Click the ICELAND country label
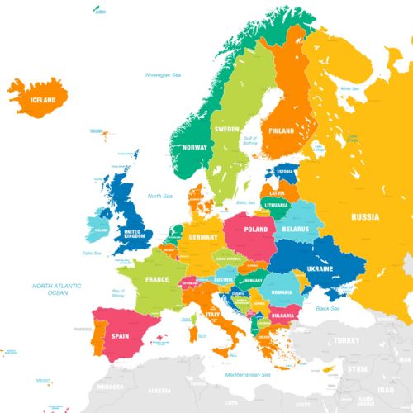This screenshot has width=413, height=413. coord(43,100)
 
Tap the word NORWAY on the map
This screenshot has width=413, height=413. coord(195,147)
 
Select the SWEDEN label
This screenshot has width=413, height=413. coord(226,130)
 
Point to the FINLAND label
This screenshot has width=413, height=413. coord(281,131)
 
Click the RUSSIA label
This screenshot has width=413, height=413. coord(364,217)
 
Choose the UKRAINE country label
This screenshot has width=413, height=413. coord(319,268)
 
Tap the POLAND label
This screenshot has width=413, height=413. coord(256,230)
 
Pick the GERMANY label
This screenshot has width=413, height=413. coord(202,238)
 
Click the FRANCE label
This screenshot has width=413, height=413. coord(157,279)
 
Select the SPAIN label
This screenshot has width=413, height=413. coord(121,336)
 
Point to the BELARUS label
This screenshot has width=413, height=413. coord(295,229)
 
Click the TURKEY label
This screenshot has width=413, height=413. coord(348,340)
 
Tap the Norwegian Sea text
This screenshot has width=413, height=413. coord(164,75)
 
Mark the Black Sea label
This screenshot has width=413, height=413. coord(328,309)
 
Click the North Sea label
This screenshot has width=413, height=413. coord(160,196)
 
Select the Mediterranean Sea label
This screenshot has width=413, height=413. coord(249,374)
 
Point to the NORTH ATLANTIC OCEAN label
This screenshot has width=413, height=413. coord(57,289)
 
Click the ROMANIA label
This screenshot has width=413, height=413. coord(282,292)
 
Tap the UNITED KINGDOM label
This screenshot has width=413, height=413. coord(133,234)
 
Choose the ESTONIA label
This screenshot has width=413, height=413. coord(286,172)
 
